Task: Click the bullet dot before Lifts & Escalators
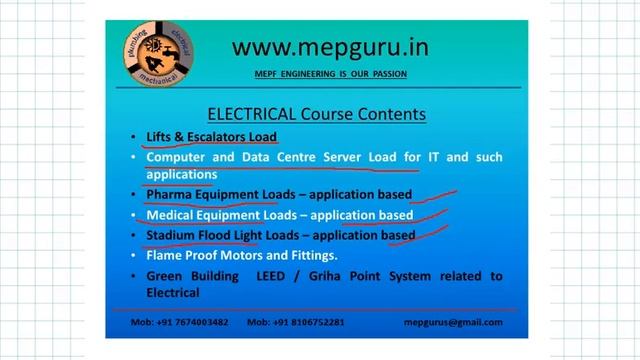point(134,137)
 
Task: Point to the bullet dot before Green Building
point(134,276)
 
